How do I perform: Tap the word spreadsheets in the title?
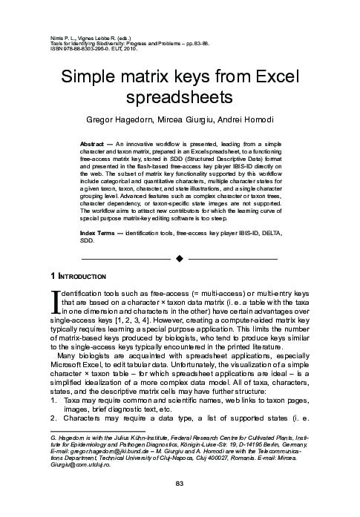coord(180,97)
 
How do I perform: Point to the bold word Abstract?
coord(93,140)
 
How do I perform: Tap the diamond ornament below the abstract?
coord(179,239)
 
